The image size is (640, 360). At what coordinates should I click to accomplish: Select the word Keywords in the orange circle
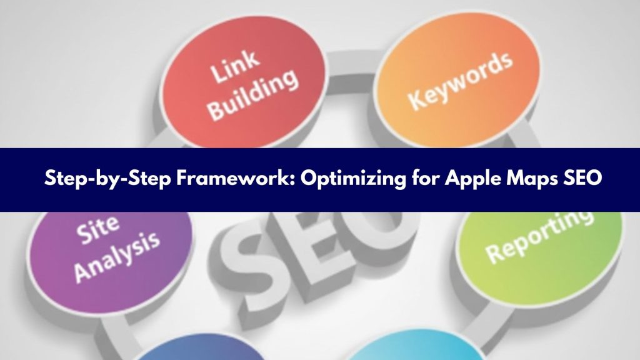click(461, 81)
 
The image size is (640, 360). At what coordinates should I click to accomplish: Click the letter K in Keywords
click(416, 99)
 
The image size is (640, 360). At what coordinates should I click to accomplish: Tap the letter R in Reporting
click(494, 253)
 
